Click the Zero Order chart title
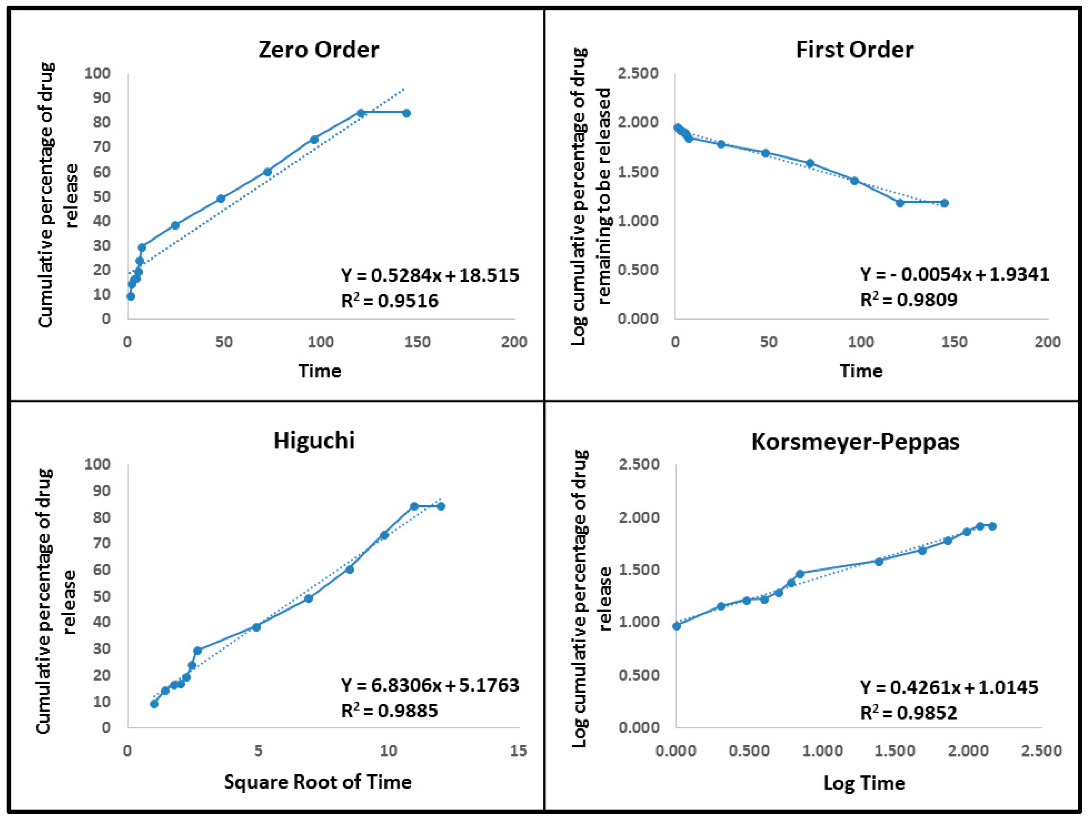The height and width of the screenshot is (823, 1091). click(x=319, y=49)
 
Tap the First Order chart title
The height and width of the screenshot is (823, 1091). click(x=854, y=49)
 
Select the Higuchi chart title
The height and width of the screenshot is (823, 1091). click(x=314, y=440)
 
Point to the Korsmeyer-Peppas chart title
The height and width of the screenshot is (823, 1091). click(x=855, y=441)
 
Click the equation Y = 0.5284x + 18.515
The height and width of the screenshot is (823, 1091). click(x=430, y=275)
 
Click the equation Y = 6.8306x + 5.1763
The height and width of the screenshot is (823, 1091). click(x=430, y=685)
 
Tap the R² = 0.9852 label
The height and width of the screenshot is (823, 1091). click(x=908, y=713)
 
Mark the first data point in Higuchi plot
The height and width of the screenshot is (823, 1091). click(x=154, y=704)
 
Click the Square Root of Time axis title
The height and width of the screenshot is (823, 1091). click(x=318, y=782)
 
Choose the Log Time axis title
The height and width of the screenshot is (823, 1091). click(x=864, y=783)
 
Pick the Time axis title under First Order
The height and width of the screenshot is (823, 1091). click(x=861, y=371)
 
